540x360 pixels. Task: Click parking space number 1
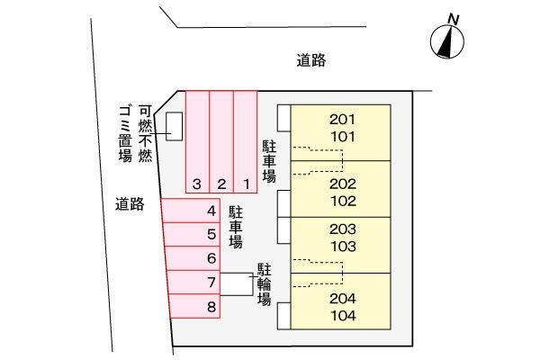(x=246, y=142)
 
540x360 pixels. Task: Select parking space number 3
(x=197, y=142)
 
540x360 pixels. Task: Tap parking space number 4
(x=191, y=211)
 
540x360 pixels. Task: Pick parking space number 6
(x=193, y=258)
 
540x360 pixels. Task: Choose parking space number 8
(x=194, y=306)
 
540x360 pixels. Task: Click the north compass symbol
(x=447, y=41)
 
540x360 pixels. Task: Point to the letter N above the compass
(x=454, y=19)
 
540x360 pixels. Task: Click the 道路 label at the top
(x=311, y=60)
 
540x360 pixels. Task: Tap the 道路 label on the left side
(x=130, y=204)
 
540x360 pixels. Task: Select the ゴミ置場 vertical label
(x=125, y=134)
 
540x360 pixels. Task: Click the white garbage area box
(x=175, y=126)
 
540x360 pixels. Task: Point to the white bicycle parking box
(x=237, y=284)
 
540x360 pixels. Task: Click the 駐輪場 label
(x=264, y=284)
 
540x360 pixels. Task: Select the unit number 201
(x=342, y=120)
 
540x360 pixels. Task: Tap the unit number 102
(x=344, y=202)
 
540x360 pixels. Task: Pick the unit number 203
(x=343, y=229)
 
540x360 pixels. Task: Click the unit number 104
(x=344, y=316)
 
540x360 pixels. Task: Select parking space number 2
(x=221, y=142)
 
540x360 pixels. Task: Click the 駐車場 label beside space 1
(x=269, y=161)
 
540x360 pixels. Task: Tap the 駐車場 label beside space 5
(x=236, y=228)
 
